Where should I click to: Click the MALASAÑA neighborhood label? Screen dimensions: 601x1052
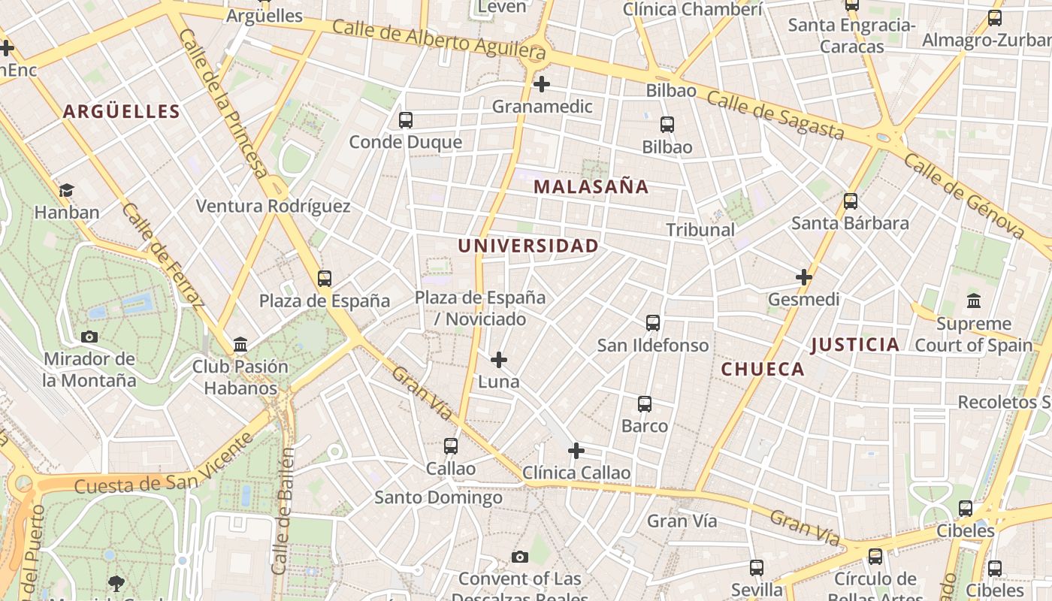click(591, 187)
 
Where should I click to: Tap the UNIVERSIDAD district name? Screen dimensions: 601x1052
click(528, 246)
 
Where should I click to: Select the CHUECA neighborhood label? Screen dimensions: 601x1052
click(763, 369)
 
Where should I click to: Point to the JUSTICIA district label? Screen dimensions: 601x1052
click(855, 345)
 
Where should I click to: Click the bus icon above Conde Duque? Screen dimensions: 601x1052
click(406, 120)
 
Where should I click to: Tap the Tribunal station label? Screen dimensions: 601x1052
click(700, 230)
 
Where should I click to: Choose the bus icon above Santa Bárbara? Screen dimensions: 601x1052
click(851, 201)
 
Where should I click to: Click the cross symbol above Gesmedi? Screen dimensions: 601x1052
click(804, 277)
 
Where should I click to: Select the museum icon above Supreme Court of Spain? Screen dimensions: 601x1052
click(974, 301)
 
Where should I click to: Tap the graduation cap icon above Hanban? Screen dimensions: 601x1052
click(67, 190)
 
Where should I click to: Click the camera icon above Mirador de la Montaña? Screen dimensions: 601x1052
click(89, 337)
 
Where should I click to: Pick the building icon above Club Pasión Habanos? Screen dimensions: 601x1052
click(240, 345)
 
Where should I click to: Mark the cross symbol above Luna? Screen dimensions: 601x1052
click(498, 360)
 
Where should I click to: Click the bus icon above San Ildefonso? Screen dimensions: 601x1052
click(653, 323)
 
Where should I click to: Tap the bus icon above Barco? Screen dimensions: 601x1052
click(645, 404)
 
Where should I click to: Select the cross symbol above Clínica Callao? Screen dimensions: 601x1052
click(576, 451)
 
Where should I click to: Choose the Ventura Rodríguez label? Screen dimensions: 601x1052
click(273, 206)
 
